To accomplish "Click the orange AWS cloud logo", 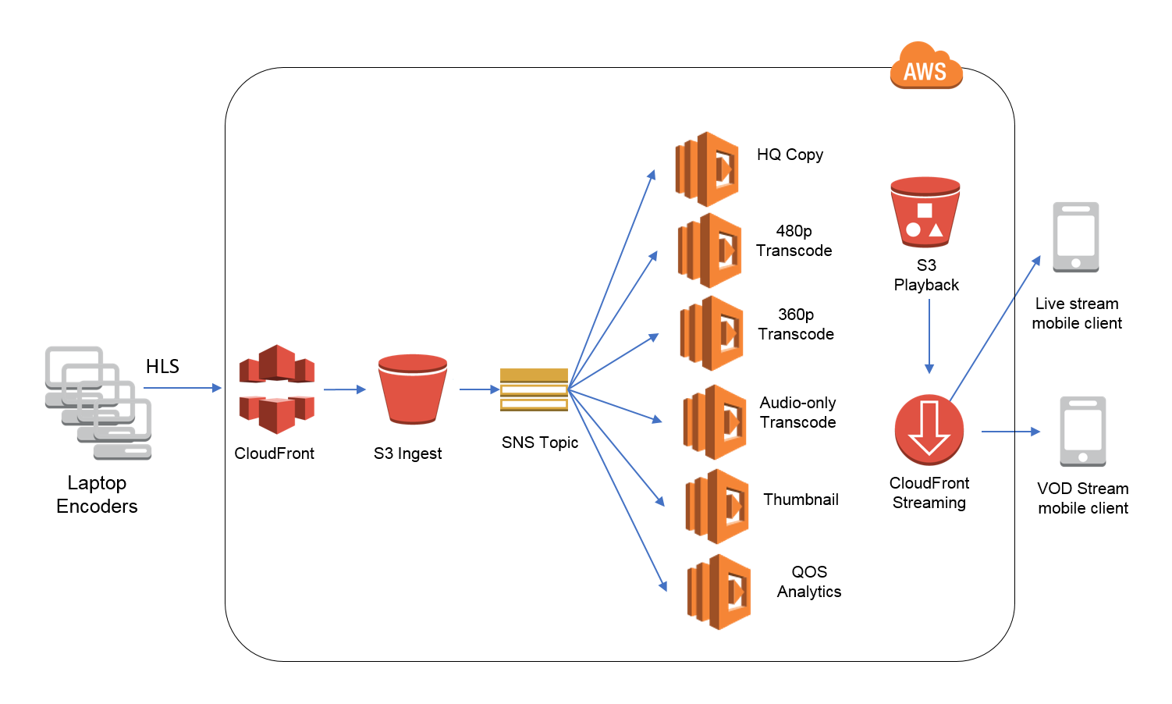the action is [926, 65].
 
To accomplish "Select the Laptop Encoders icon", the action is [98, 403].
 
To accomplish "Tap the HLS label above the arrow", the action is [162, 366].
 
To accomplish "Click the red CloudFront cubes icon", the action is [277, 389].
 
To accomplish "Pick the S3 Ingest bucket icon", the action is [412, 389].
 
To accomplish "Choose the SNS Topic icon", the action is [534, 390].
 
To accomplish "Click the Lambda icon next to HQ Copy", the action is [707, 169].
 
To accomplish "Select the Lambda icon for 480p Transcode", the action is [709, 251].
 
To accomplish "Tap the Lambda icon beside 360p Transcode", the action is [712, 333].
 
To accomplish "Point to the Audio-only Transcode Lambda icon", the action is [715, 422].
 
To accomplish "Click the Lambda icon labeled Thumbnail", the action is [717, 507].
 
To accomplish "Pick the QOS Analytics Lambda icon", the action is [719, 592].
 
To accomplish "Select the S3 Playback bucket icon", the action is [925, 212].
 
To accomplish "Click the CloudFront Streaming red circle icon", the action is [929, 430].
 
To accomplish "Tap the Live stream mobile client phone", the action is [1076, 237].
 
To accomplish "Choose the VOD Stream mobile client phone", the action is [1083, 432].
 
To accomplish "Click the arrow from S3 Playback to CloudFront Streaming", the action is [929, 336].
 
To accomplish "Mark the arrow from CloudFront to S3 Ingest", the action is [345, 389].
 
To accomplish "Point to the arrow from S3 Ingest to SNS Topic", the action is [479, 389].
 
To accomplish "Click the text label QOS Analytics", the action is [809, 581].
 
